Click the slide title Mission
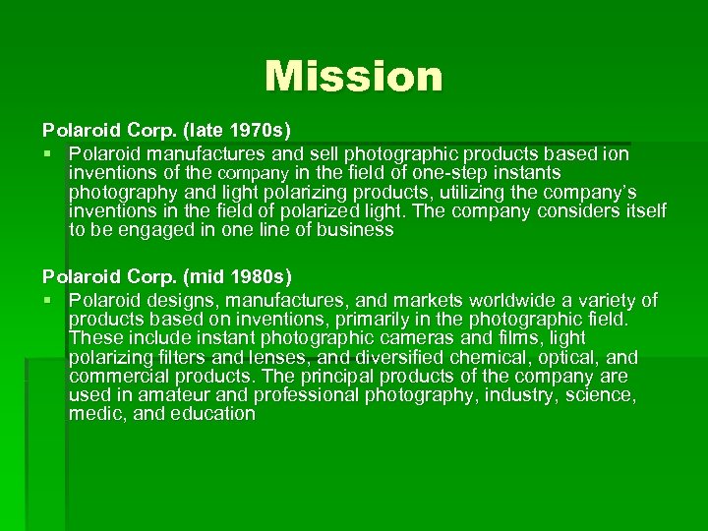point(353,76)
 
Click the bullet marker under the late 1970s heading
point(47,154)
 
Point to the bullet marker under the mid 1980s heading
point(47,300)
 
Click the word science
point(601,395)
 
